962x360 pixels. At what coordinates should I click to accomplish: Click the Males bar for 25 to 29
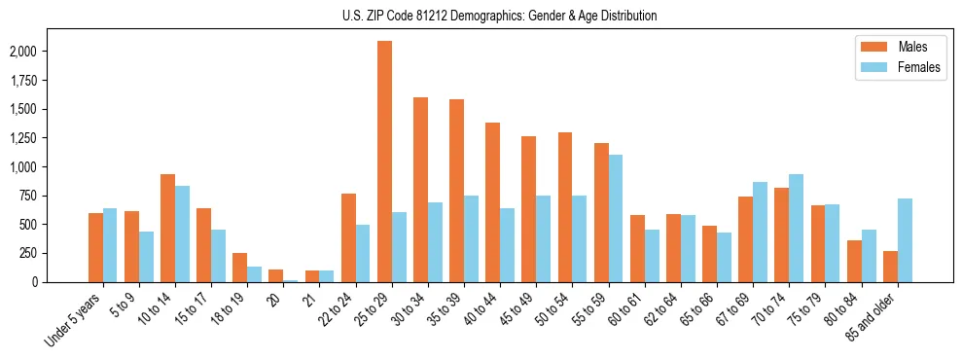click(385, 162)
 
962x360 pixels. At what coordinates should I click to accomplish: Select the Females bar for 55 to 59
click(616, 218)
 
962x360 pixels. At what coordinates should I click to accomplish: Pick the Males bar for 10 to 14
click(168, 228)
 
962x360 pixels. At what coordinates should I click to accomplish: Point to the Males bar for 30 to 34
click(421, 190)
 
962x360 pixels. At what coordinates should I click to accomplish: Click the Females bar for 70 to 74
click(797, 228)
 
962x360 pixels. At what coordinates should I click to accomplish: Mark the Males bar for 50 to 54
click(565, 207)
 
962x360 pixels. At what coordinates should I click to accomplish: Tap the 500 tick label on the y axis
click(47, 225)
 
